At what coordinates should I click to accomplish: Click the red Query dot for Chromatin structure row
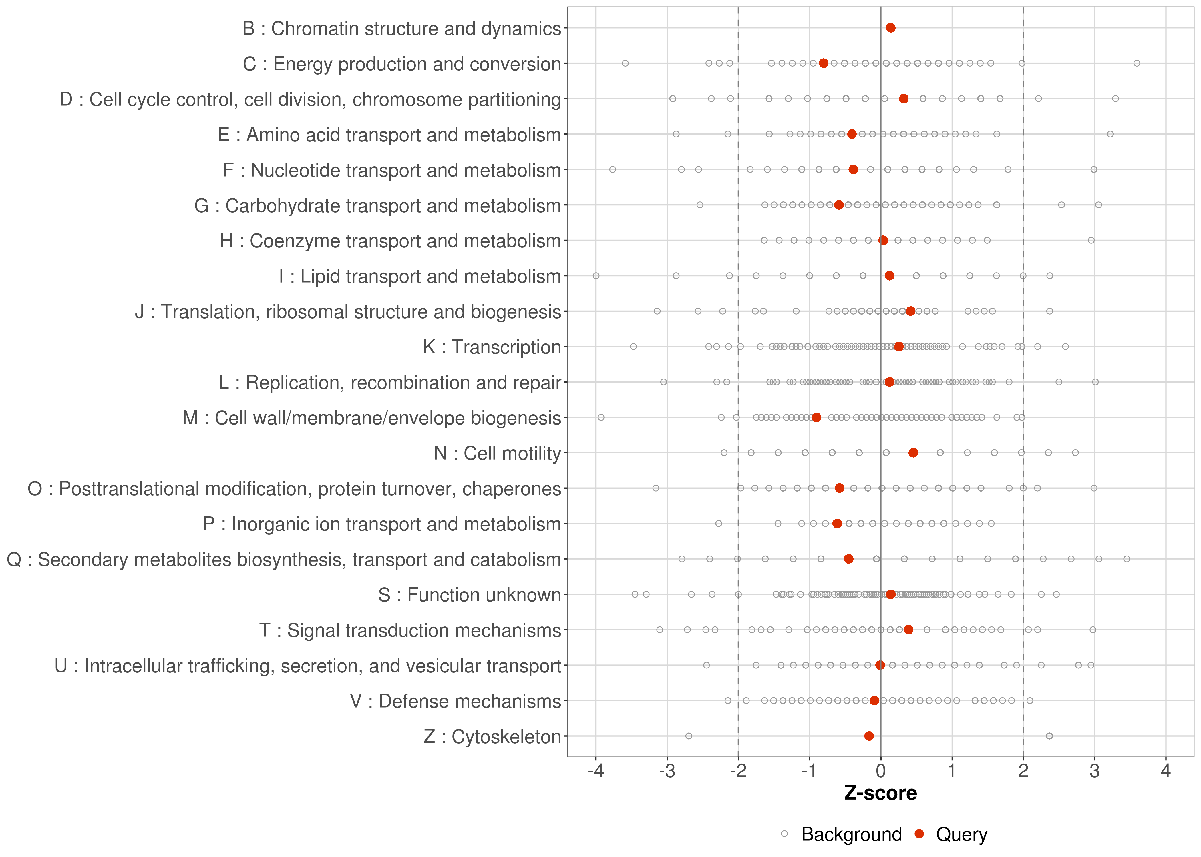pos(890,28)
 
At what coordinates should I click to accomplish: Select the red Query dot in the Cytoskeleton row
pos(869,736)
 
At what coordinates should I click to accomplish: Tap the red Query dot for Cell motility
pos(913,453)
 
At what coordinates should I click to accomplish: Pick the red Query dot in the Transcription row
pos(899,347)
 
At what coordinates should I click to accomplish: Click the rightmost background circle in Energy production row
pos(1137,63)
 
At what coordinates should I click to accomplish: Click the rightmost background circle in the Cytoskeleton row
pos(1049,736)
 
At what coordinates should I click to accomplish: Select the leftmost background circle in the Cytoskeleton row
pos(689,736)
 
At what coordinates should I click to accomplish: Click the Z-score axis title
pos(881,793)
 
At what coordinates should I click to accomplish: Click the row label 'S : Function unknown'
pos(470,595)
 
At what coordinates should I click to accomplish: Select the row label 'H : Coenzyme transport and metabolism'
pos(390,241)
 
